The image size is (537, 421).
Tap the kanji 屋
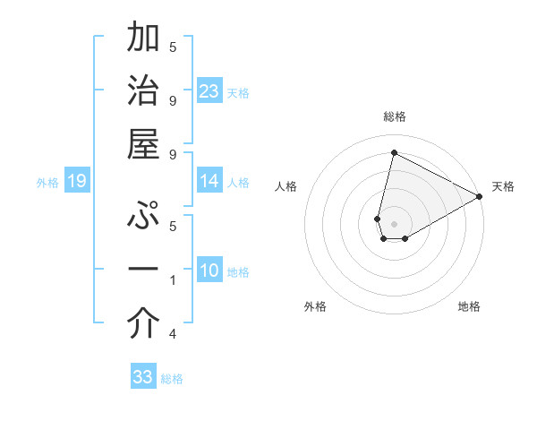click(x=143, y=143)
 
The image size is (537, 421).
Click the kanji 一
click(x=143, y=269)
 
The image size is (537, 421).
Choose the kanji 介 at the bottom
click(x=143, y=324)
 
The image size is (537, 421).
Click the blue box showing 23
click(x=209, y=90)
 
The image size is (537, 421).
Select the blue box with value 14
click(x=209, y=182)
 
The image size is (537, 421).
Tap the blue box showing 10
click(x=209, y=271)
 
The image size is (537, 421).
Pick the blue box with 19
click(x=77, y=182)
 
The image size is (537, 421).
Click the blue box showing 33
click(x=143, y=377)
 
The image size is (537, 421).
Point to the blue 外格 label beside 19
click(x=47, y=183)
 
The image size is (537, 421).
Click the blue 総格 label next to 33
click(x=172, y=379)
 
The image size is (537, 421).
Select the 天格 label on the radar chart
click(x=503, y=186)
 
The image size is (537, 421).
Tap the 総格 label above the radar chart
click(x=394, y=116)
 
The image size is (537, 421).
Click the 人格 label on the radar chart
click(x=286, y=186)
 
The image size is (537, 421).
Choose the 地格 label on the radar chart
click(x=469, y=306)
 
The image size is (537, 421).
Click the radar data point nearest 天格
click(x=480, y=198)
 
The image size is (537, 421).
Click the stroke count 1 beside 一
click(x=173, y=280)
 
